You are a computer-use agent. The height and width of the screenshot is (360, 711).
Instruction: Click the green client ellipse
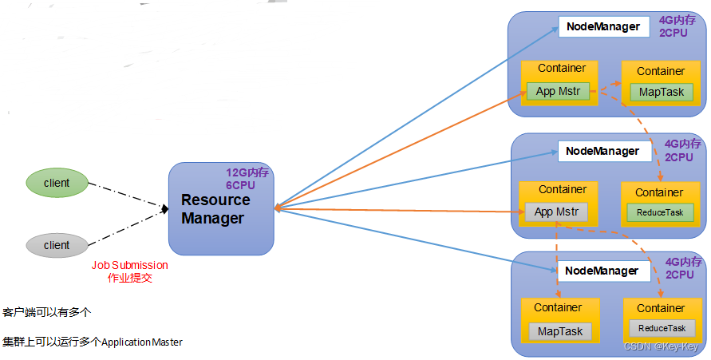click(x=57, y=183)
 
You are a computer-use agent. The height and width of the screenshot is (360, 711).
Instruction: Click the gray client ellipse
click(x=57, y=245)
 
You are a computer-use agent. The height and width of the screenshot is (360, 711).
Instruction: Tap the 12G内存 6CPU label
click(x=248, y=178)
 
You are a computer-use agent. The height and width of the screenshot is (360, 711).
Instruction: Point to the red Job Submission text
click(x=129, y=265)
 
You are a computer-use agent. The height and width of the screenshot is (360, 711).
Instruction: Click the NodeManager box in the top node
click(x=602, y=26)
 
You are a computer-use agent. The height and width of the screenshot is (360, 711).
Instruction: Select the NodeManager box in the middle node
click(x=602, y=151)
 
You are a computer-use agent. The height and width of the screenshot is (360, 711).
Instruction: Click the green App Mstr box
click(x=557, y=91)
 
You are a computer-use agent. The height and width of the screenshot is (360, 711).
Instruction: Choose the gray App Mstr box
click(x=556, y=212)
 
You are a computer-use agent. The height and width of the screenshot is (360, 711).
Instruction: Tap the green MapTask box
click(x=661, y=92)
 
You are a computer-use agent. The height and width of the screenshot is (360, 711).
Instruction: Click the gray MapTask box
click(x=559, y=331)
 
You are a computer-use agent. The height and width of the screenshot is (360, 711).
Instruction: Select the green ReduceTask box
click(x=660, y=212)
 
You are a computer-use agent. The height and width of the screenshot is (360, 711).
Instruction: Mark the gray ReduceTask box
click(x=662, y=328)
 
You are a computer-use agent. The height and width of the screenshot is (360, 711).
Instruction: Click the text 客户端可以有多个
click(x=47, y=311)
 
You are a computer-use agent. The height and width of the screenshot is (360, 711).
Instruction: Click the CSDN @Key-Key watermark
click(x=661, y=346)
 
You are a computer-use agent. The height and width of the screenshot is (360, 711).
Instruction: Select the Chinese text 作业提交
click(x=129, y=279)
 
